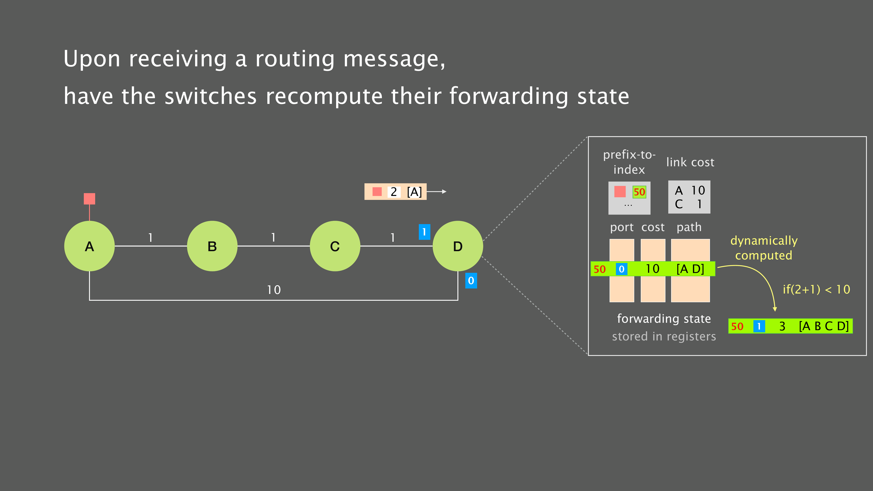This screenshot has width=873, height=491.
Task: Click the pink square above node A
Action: click(x=89, y=199)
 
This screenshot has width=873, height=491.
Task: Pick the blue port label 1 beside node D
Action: click(x=424, y=232)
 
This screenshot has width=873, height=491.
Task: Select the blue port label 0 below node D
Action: click(x=471, y=281)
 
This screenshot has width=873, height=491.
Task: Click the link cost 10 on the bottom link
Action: click(x=274, y=290)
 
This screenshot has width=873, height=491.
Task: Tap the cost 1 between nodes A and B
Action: click(x=150, y=238)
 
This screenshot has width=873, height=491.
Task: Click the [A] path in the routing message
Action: click(x=414, y=192)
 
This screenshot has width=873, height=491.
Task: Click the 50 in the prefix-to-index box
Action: click(x=639, y=192)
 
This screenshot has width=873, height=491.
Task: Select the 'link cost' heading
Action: click(x=690, y=162)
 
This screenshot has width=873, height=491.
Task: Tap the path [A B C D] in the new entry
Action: click(x=823, y=326)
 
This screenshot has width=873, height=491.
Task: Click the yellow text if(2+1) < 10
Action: click(x=816, y=289)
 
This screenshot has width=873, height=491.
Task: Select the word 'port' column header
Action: click(x=622, y=227)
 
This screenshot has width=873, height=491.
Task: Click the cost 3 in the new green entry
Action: click(x=782, y=326)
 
